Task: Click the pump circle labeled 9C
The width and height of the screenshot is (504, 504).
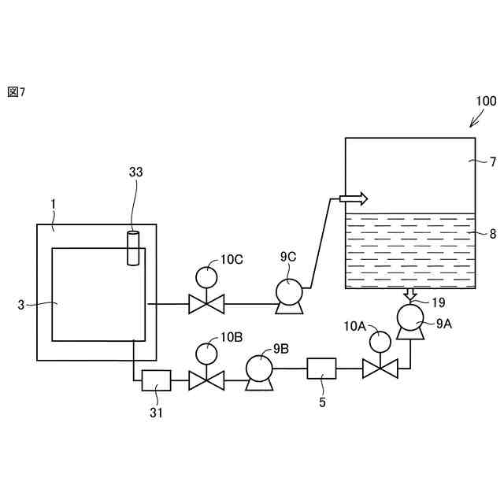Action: (x=288, y=291)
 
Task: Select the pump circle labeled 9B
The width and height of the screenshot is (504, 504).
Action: (x=258, y=368)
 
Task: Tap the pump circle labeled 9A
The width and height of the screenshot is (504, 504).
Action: (x=409, y=317)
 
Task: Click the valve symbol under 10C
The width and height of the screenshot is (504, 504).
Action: (x=207, y=303)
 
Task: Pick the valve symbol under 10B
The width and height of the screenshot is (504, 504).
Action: (x=207, y=382)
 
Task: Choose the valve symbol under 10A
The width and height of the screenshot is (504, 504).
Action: (x=380, y=368)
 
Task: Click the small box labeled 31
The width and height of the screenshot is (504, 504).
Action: (x=156, y=381)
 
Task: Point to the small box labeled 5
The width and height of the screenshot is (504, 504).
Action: (x=321, y=368)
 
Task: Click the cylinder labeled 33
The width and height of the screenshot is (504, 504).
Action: (x=132, y=247)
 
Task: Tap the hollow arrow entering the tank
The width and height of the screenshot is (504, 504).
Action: (x=354, y=198)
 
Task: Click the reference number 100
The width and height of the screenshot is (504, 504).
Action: (x=486, y=101)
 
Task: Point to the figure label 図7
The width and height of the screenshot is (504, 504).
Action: (x=17, y=92)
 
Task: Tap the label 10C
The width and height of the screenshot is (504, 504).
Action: (x=232, y=259)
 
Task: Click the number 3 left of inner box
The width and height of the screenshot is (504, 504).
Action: (x=21, y=303)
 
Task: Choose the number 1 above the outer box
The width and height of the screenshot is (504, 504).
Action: (x=53, y=205)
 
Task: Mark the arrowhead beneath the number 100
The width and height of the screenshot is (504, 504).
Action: (x=472, y=124)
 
